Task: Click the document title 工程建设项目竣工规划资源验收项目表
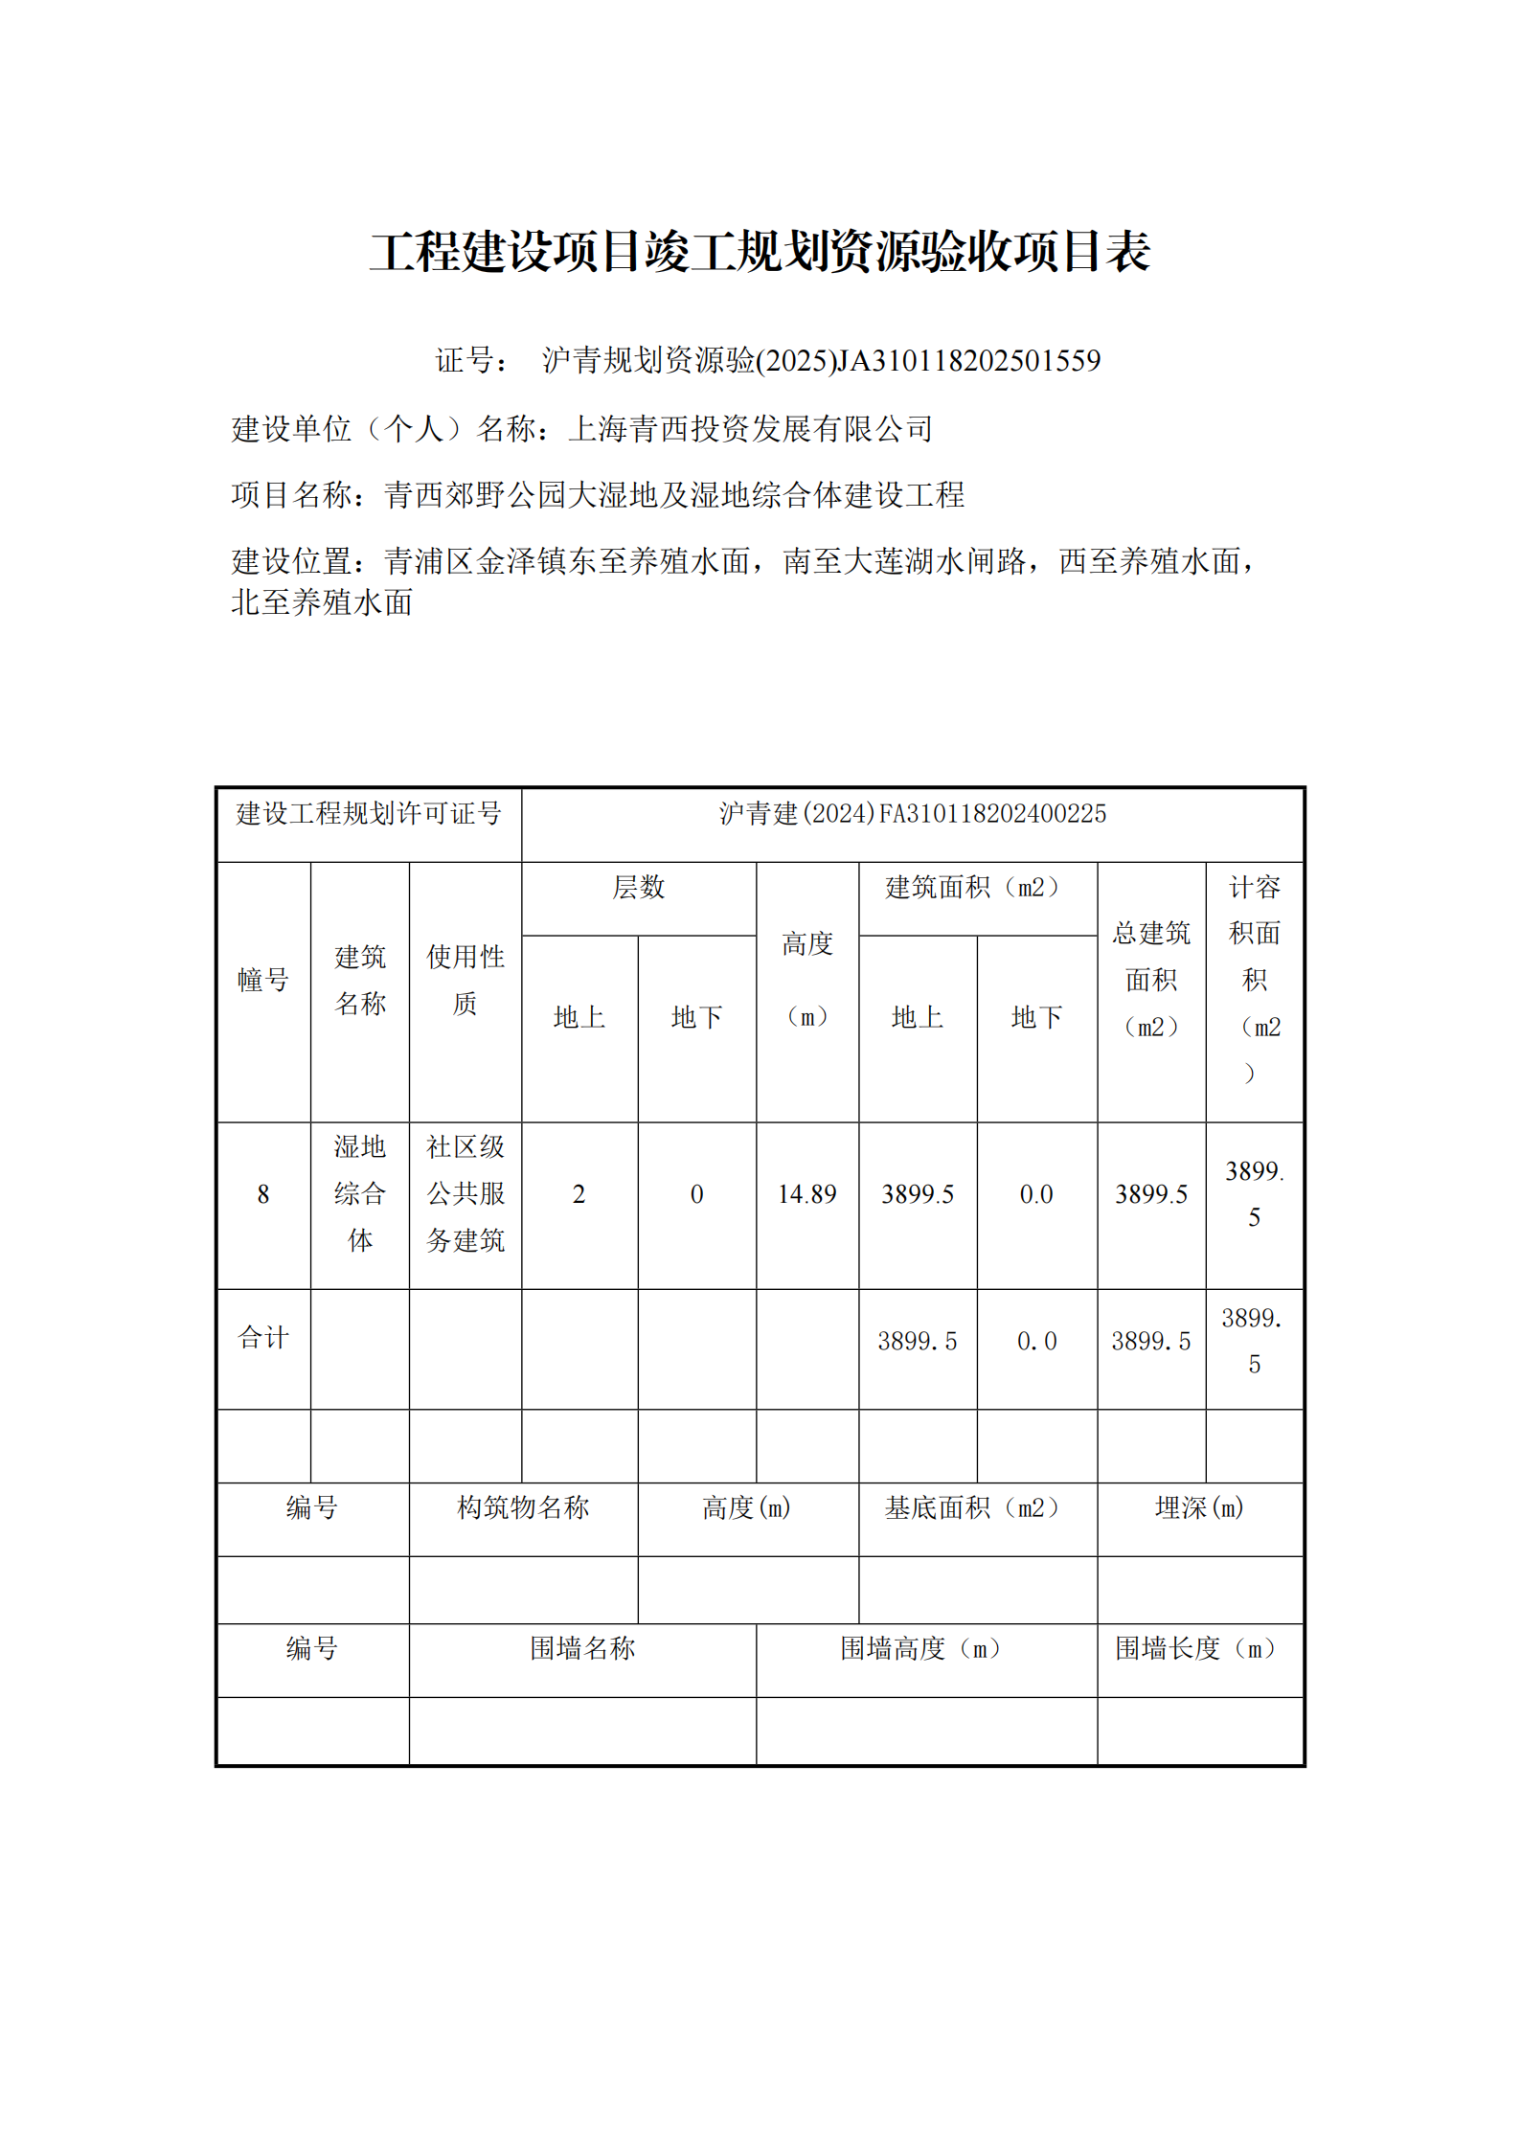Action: point(760,252)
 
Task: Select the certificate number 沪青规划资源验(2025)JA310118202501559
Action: point(821,361)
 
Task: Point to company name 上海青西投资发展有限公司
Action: point(750,429)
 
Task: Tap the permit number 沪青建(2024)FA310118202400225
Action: point(912,814)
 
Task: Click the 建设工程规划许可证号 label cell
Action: point(369,814)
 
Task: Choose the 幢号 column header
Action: point(263,980)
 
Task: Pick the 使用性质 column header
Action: point(465,980)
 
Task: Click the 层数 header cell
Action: point(638,888)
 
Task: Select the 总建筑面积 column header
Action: point(1150,980)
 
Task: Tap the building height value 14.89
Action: point(806,1194)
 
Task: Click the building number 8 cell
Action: point(263,1194)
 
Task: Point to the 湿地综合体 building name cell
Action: point(359,1194)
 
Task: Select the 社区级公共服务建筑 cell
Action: point(465,1194)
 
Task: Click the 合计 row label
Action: point(263,1338)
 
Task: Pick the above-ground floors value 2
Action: point(579,1194)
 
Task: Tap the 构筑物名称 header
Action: point(523,1508)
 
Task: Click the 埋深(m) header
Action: point(1199,1508)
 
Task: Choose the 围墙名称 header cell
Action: point(582,1649)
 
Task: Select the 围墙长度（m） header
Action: point(1199,1649)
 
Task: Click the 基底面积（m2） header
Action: point(976,1508)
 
